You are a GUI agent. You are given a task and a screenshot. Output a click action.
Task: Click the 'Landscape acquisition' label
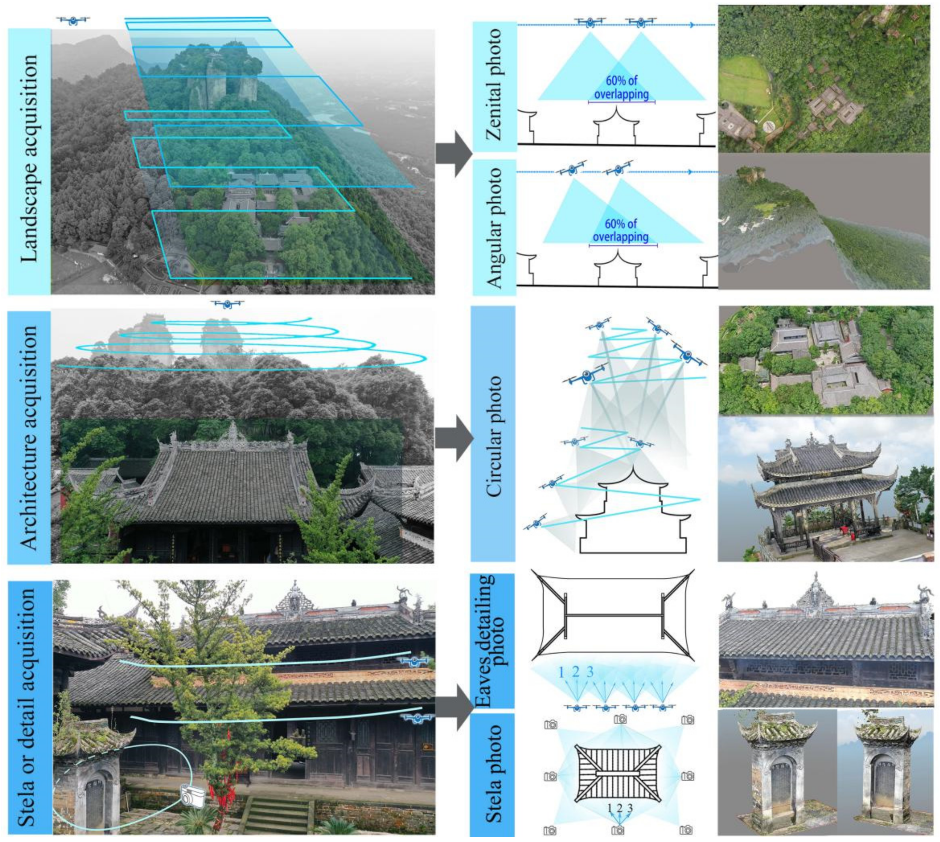click(29, 158)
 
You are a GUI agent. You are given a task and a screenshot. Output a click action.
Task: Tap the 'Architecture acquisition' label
click(29, 437)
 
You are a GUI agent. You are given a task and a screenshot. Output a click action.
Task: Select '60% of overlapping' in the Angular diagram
click(621, 230)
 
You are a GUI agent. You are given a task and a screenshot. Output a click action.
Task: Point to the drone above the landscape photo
click(73, 20)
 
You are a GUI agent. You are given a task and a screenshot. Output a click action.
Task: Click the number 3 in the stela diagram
click(630, 808)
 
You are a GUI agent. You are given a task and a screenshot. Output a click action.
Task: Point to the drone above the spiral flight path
click(227, 304)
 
